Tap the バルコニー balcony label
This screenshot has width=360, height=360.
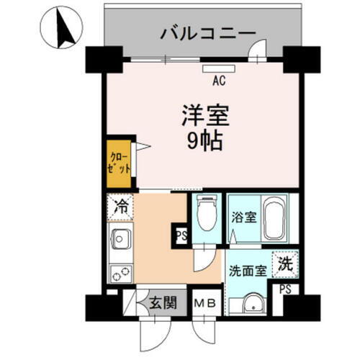pos(208,32)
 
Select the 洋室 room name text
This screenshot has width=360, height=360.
pos(204,115)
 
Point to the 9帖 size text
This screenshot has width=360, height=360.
pos(204,140)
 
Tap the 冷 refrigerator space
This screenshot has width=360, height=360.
pos(120,207)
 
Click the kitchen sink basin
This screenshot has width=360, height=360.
pos(119,238)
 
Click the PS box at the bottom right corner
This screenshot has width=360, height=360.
pos(286,290)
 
